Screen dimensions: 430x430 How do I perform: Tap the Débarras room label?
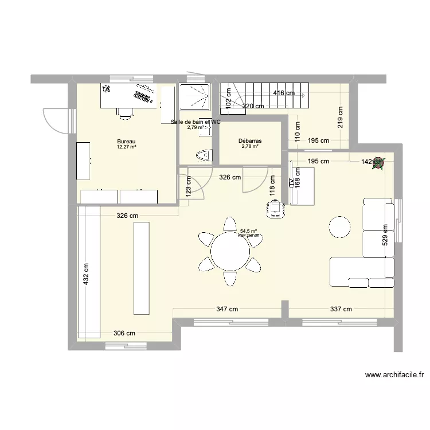point(250,140)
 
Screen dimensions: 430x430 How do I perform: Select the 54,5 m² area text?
point(248,231)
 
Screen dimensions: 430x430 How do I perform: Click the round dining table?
point(230,251)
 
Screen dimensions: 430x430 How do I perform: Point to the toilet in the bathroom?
point(203,155)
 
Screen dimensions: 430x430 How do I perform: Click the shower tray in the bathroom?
point(195,97)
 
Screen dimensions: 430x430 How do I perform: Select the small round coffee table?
point(339,228)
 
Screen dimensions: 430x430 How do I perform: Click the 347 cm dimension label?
point(227,309)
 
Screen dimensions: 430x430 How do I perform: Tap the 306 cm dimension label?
point(124,333)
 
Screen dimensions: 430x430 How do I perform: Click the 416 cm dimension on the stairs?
point(283,93)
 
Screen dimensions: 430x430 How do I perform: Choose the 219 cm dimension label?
point(341,118)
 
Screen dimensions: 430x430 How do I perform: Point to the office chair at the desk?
point(124,112)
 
